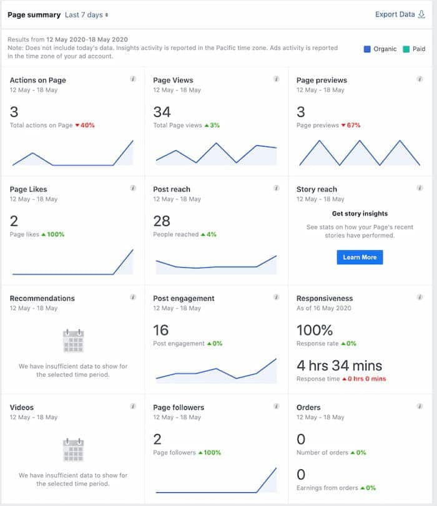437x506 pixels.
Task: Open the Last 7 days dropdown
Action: click(87, 15)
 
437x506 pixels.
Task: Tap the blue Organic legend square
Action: click(367, 49)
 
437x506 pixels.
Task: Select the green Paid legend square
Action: click(406, 49)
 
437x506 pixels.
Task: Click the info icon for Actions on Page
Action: click(133, 79)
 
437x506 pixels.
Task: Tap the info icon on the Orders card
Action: click(420, 406)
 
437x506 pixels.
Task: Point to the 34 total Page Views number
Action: click(162, 112)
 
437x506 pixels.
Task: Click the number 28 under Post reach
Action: click(162, 221)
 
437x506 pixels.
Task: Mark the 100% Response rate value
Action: click(315, 330)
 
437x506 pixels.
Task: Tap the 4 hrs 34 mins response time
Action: click(339, 366)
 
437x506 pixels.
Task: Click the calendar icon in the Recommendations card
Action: click(73, 341)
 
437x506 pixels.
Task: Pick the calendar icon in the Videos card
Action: click(73, 449)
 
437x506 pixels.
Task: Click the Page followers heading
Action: click(179, 407)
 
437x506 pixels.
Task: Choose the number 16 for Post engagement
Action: click(161, 330)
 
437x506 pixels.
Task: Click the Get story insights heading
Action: click(360, 213)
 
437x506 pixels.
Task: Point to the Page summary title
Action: click(34, 15)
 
